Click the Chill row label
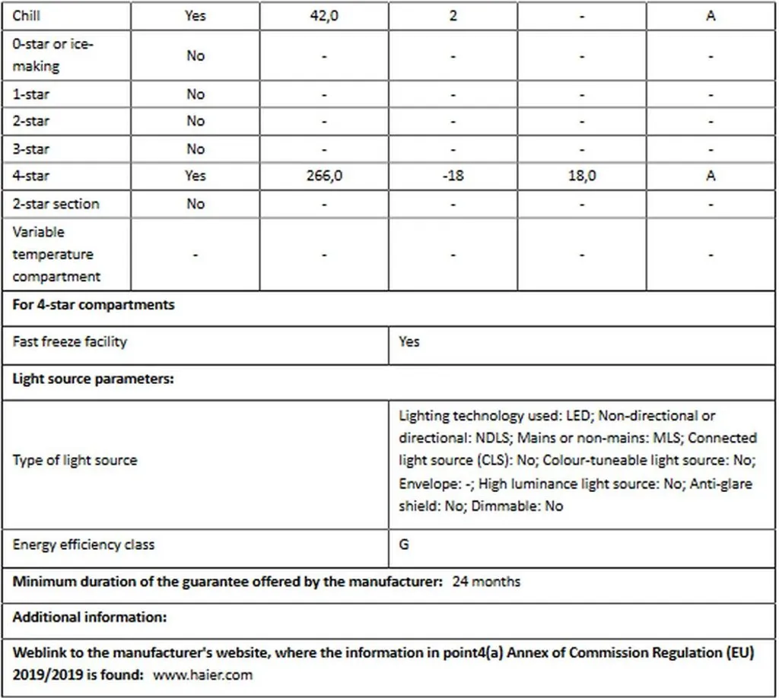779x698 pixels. tap(27, 15)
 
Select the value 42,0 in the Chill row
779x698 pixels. tap(324, 15)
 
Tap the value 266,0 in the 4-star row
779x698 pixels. tap(324, 176)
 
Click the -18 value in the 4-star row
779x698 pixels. tap(453, 176)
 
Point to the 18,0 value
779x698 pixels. tap(582, 176)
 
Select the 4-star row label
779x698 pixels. tap(31, 176)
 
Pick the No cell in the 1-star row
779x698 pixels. tap(196, 94)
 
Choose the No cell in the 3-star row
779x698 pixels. tap(196, 149)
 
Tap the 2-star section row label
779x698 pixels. tap(56, 204)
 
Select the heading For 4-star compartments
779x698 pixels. tap(94, 305)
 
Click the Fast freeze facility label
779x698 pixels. tap(70, 341)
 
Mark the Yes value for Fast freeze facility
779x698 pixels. tap(409, 341)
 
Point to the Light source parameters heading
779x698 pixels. tap(94, 379)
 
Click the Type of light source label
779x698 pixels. tap(75, 460)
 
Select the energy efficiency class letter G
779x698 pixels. tap(404, 544)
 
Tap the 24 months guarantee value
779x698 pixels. tap(486, 582)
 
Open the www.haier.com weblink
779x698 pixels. tap(202, 674)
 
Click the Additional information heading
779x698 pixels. tap(90, 617)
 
